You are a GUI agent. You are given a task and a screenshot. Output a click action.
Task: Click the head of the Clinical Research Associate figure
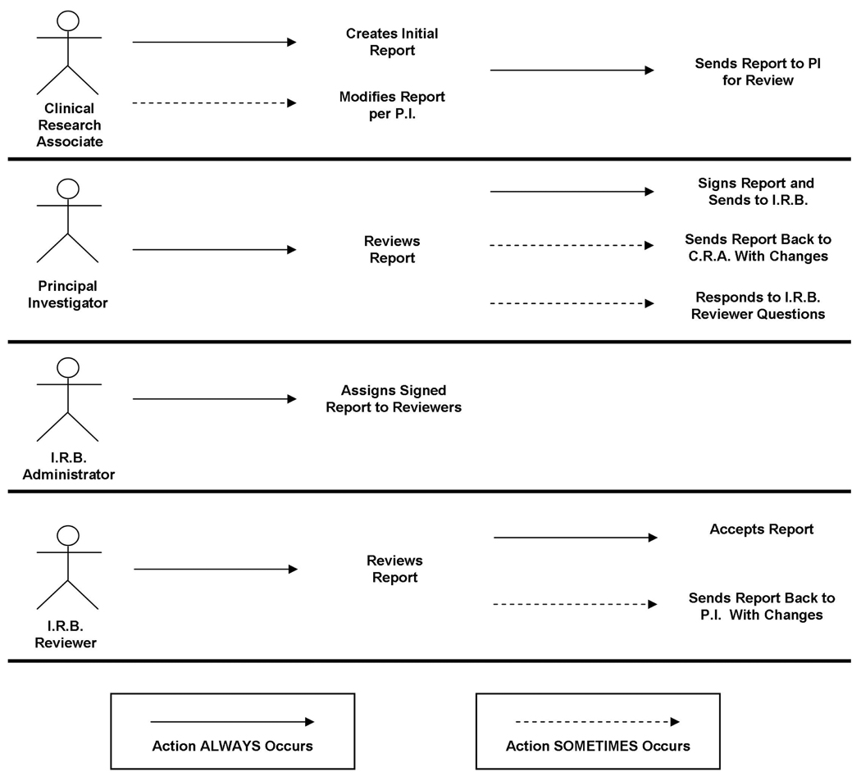tap(70, 19)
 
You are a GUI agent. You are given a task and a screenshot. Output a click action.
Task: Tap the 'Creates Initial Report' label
tap(392, 42)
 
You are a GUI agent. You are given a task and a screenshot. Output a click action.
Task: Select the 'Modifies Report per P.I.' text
tap(392, 105)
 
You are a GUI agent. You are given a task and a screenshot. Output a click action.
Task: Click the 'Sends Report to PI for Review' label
tap(758, 71)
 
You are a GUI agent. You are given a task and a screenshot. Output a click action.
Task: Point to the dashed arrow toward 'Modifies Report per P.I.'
tap(213, 103)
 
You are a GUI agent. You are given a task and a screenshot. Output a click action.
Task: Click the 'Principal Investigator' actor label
tap(67, 294)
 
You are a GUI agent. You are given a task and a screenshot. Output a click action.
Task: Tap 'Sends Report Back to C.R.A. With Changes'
tap(758, 247)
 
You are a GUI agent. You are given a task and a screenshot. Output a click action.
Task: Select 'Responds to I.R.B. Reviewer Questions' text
tap(759, 305)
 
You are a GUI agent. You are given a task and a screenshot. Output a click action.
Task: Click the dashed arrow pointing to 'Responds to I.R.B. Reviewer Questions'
tap(572, 304)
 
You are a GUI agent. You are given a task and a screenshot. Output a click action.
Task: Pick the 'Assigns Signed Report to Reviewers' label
tap(394, 398)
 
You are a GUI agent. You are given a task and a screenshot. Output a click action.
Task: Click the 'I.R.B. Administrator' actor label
tap(69, 465)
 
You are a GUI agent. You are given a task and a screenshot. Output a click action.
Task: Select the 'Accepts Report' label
tap(761, 529)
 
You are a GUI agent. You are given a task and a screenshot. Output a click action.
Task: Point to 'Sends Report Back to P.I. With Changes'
tap(761, 606)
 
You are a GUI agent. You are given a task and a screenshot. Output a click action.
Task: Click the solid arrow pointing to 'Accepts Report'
tap(575, 538)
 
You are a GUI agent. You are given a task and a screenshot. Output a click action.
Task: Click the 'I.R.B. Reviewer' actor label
tap(66, 634)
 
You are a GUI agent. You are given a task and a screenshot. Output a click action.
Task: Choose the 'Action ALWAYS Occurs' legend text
tap(232, 746)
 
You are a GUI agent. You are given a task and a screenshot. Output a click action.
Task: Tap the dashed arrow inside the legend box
tap(597, 722)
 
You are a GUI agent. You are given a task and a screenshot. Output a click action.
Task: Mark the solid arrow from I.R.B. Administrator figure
tap(214, 399)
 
